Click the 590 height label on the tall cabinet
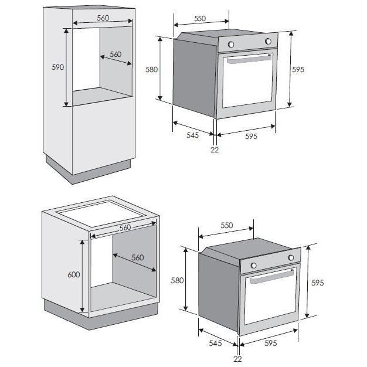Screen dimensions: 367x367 57,67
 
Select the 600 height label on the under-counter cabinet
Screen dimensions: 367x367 74,275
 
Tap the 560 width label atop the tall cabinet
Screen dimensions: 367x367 103,18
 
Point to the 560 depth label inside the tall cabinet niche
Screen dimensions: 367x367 115,55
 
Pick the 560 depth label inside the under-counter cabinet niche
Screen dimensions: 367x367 137,257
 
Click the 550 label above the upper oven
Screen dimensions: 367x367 200,19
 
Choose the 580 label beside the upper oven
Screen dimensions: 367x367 152,69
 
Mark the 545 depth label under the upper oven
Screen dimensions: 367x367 192,135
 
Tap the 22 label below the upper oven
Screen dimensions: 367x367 214,149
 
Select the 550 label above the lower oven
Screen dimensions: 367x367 226,226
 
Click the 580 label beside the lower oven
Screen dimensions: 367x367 177,280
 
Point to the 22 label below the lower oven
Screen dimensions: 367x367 237,359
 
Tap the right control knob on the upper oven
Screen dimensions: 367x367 269,41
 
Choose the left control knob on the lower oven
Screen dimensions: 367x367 254,266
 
